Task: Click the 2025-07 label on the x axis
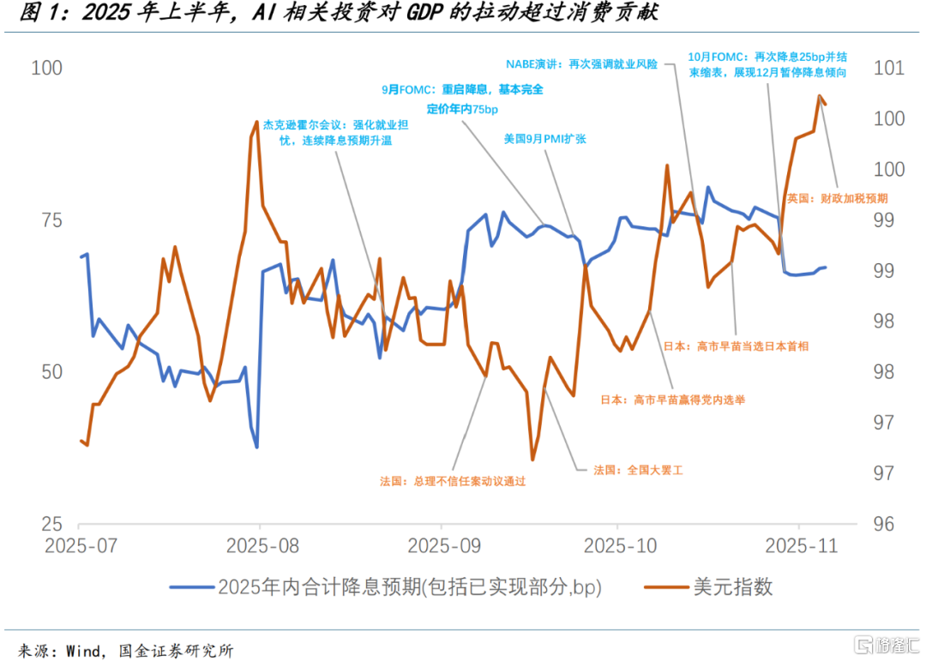coord(79,547)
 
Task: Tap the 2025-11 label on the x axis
coord(800,547)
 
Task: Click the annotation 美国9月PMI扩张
coord(545,139)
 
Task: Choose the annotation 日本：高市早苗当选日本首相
coord(737,346)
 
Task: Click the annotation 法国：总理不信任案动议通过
coord(453,481)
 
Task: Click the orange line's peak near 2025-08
coord(256,123)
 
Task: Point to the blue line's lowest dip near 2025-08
coord(256,447)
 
